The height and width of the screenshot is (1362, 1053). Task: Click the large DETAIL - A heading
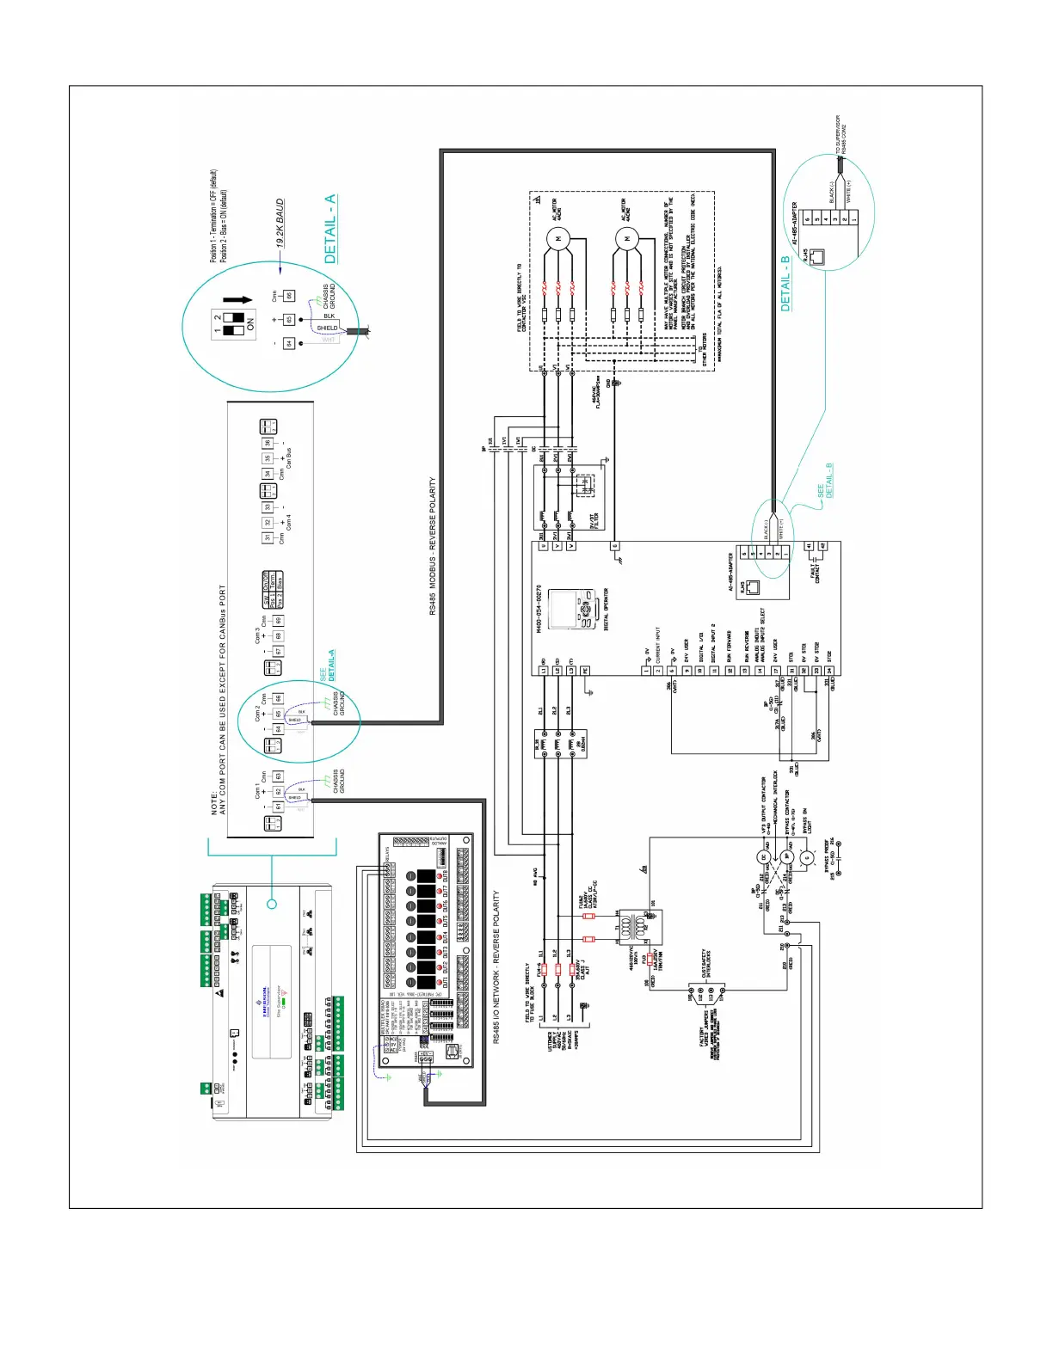(x=330, y=229)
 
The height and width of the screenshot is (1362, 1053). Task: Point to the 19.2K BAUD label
(x=280, y=224)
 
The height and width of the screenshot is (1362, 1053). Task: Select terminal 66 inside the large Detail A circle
(x=289, y=296)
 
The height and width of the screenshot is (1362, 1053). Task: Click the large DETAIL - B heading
(x=785, y=283)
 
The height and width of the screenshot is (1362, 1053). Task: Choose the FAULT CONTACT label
(x=816, y=572)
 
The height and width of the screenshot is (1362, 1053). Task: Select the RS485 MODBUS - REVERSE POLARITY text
(x=433, y=546)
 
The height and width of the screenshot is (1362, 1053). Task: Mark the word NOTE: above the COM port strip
(x=215, y=803)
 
